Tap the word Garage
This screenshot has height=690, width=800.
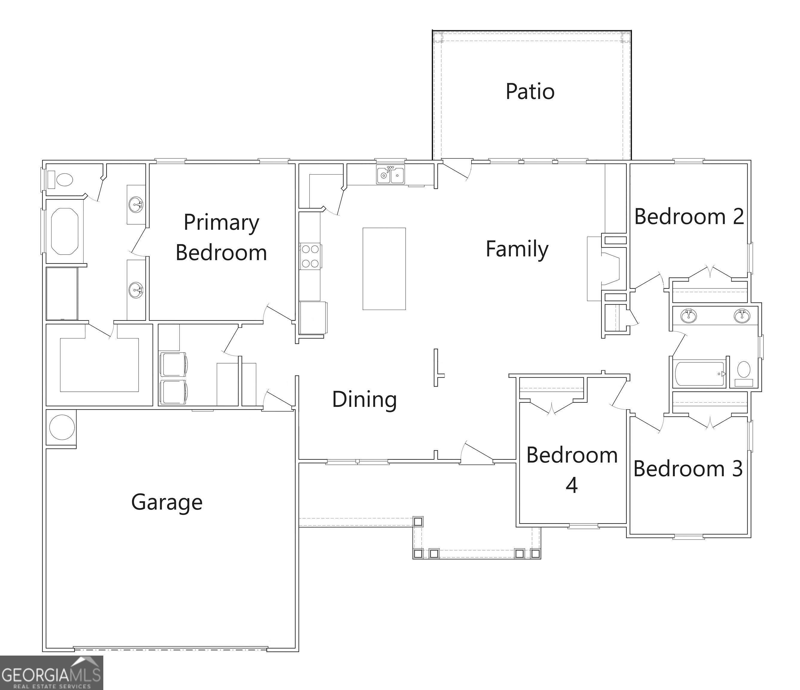pyautogui.click(x=167, y=502)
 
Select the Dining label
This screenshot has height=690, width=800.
pyautogui.click(x=364, y=399)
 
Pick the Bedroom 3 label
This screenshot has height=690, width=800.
pyautogui.click(x=688, y=469)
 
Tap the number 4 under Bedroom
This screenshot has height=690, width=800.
pyautogui.click(x=572, y=486)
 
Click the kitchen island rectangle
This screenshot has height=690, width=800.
pyautogui.click(x=384, y=269)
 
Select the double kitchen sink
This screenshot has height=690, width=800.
pyautogui.click(x=390, y=175)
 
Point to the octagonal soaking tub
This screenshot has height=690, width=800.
pyautogui.click(x=65, y=231)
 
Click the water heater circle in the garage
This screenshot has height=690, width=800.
pyautogui.click(x=62, y=427)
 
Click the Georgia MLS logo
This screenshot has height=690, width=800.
pyautogui.click(x=51, y=672)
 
